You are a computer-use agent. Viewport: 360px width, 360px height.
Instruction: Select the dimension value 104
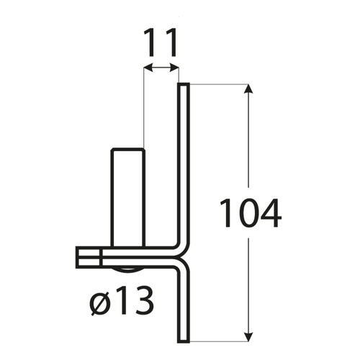point(249,213)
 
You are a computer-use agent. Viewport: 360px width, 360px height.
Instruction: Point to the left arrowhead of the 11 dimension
point(147,68)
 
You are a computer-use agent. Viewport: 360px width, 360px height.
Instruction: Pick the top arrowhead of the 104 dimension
point(250,89)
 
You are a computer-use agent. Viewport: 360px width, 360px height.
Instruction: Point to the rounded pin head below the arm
point(127,271)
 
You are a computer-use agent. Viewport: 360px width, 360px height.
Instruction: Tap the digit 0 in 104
point(248,213)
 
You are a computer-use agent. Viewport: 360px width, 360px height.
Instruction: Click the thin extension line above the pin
point(143,108)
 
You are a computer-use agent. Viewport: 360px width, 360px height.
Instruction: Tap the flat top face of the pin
point(127,149)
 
